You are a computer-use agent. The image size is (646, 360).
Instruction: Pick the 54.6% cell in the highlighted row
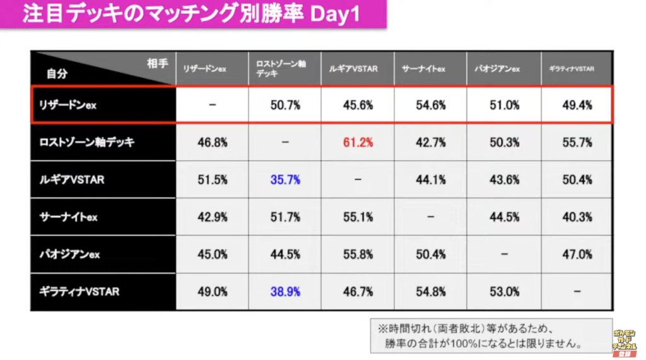(x=431, y=105)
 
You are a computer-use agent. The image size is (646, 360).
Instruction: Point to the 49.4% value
(x=577, y=105)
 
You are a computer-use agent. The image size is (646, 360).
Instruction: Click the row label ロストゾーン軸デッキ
(x=84, y=142)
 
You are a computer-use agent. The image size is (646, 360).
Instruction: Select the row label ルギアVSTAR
(x=71, y=180)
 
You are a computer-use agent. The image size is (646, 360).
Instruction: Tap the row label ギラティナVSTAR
(x=78, y=292)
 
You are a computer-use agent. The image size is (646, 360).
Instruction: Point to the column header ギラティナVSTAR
(x=571, y=69)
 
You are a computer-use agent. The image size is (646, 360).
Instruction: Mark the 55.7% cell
(x=577, y=142)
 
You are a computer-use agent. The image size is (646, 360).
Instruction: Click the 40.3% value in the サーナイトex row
(x=577, y=217)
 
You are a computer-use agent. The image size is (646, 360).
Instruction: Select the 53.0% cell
(x=504, y=292)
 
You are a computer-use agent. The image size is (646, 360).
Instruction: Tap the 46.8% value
(x=212, y=142)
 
